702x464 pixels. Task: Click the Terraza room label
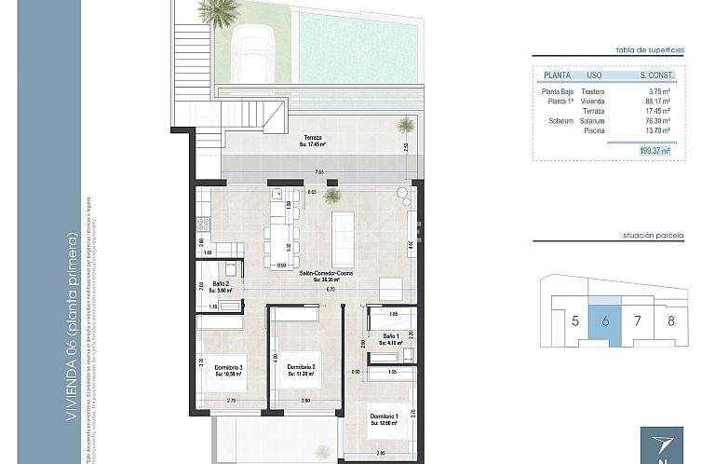311,137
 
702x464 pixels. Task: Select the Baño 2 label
222,283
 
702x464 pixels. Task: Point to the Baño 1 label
391,336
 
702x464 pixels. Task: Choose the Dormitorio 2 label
300,367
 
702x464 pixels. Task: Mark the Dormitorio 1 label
385,416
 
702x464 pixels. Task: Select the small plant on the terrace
405,124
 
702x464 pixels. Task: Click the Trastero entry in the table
593,91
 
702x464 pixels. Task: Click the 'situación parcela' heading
658,238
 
